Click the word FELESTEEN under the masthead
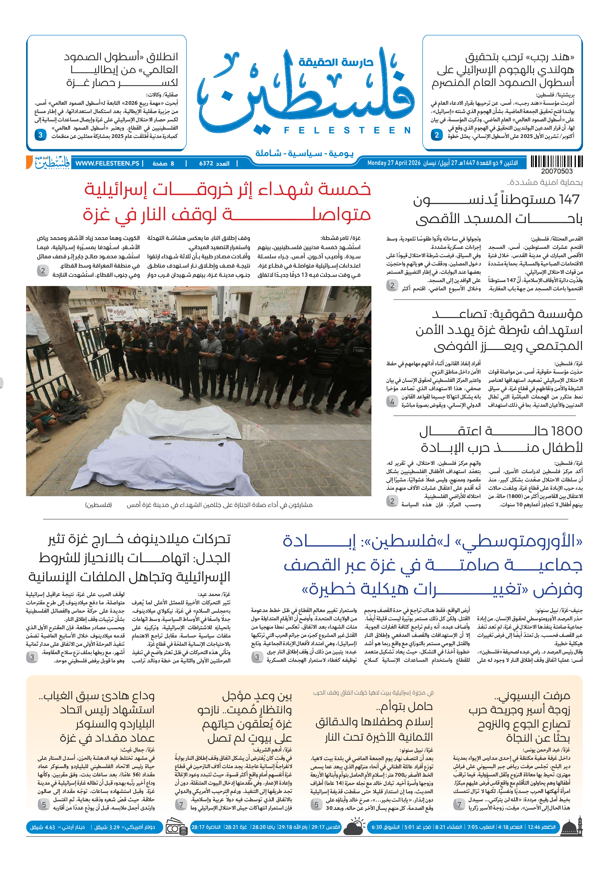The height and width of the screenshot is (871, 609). [347, 131]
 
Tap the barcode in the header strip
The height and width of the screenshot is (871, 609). [556, 162]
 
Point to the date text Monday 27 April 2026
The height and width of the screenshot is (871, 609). [394, 163]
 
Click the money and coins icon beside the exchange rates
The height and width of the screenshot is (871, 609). [176, 827]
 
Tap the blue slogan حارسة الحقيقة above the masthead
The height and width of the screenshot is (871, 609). [336, 62]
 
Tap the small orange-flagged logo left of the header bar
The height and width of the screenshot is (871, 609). [48, 162]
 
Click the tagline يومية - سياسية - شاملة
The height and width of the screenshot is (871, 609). [304, 154]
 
